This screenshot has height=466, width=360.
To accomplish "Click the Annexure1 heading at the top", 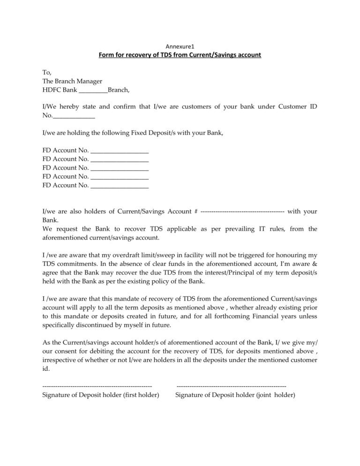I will point(180,46).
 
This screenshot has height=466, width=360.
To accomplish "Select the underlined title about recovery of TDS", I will point(180,55).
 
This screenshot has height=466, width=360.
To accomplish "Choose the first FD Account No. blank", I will point(119,150).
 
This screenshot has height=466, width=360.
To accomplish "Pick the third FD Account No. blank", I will point(119,168).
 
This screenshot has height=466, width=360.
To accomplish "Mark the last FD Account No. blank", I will point(119,186).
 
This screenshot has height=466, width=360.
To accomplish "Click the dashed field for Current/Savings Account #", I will point(242,211).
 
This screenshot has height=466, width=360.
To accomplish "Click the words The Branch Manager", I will point(72,81).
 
